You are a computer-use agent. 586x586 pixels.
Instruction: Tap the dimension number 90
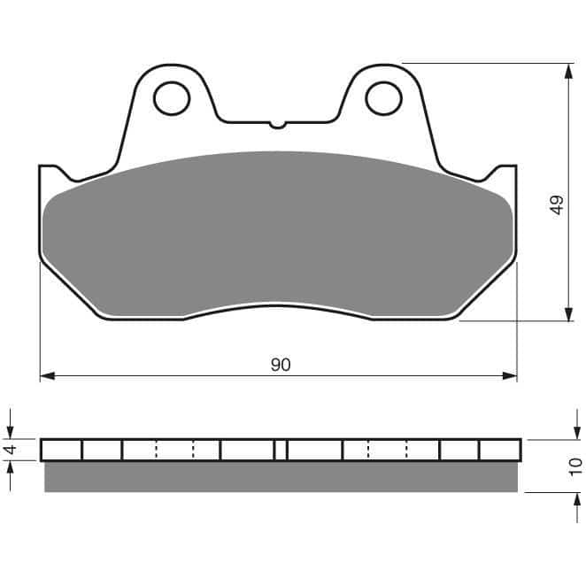pos(281,365)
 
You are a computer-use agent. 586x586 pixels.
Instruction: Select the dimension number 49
pos(557,204)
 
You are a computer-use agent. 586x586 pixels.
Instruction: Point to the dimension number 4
pos(12,449)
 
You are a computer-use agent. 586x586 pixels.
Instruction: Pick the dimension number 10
pos(575,466)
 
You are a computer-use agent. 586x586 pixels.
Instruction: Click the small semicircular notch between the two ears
pos(277,125)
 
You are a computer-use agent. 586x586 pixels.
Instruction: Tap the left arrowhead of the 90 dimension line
pos(47,376)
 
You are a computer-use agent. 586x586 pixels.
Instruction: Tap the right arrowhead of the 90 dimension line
pos(509,376)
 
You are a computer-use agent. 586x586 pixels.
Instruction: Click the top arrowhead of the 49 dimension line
pos(569,71)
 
